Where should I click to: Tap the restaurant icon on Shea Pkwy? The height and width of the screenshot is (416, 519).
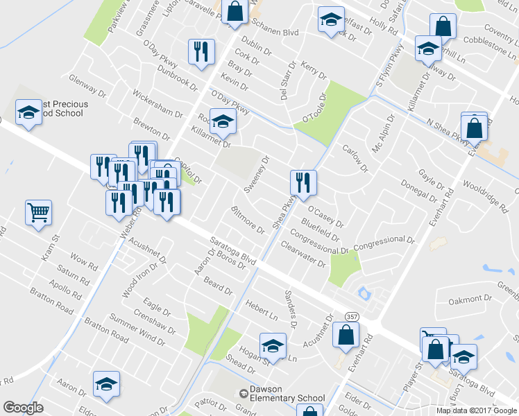pyautogui.click(x=303, y=182)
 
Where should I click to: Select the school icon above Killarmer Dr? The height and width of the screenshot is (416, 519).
pyautogui.click(x=223, y=121)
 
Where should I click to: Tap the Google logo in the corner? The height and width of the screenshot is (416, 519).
pyautogui.click(x=23, y=408)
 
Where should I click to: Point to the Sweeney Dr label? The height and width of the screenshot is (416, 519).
pyautogui.click(x=256, y=174)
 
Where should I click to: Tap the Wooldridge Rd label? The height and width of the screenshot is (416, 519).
pyautogui.click(x=486, y=193)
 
